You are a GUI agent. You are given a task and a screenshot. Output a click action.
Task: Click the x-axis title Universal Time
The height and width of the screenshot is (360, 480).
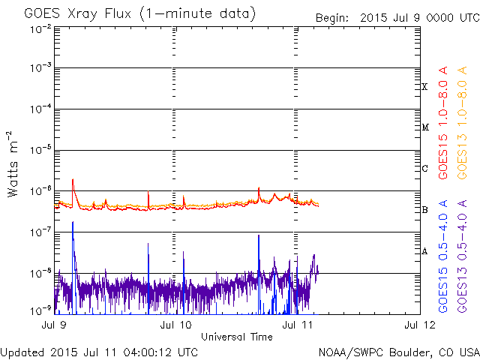click(236, 337)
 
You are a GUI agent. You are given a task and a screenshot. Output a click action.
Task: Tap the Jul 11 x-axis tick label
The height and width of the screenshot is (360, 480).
click(293, 325)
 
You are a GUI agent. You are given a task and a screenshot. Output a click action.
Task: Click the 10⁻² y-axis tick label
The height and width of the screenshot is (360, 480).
click(40, 28)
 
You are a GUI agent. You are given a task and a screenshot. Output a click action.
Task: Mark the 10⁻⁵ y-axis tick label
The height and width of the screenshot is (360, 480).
click(40, 150)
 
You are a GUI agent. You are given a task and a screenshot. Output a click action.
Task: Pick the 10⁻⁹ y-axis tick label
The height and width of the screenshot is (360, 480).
click(40, 308)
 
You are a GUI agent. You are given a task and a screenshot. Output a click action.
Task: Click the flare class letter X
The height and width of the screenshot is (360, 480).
click(424, 87)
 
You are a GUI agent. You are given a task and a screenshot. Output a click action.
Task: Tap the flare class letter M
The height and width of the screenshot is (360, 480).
click(424, 127)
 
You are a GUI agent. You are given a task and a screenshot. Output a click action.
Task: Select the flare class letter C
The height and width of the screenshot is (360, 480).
click(424, 169)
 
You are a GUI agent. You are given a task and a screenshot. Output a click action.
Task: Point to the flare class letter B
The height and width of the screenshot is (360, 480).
click(424, 210)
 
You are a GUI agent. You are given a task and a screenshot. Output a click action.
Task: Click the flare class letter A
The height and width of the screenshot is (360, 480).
click(424, 251)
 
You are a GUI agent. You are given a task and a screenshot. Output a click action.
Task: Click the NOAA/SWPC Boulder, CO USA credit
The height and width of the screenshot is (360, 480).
click(397, 352)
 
